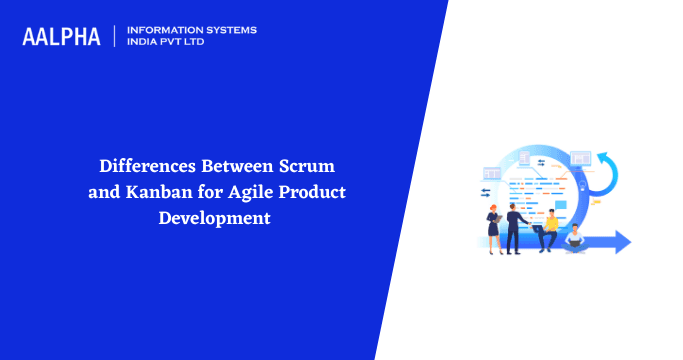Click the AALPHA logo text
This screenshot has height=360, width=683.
point(61,37)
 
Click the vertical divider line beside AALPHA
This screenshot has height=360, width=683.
point(116,37)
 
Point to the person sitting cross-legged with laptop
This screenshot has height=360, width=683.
point(575,239)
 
